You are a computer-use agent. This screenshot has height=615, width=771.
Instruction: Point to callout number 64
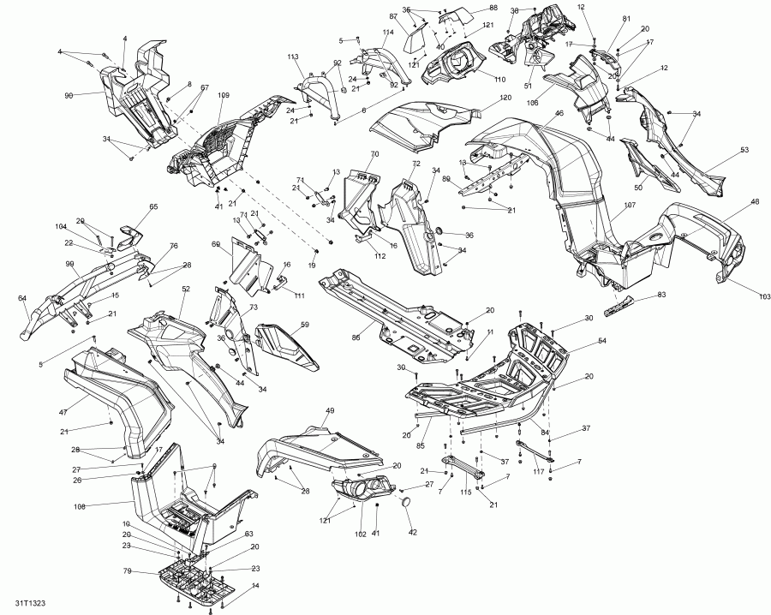[22, 298]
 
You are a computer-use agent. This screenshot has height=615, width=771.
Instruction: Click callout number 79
[126, 572]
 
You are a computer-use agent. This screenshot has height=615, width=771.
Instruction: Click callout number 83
[660, 294]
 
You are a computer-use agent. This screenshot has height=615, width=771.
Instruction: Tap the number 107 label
[630, 205]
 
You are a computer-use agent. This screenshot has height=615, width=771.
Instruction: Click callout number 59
[304, 325]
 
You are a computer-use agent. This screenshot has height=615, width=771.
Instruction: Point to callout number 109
[224, 95]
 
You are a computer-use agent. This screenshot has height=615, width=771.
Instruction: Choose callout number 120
[505, 99]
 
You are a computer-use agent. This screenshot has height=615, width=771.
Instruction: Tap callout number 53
[744, 150]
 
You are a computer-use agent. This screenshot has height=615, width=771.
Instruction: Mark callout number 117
[538, 472]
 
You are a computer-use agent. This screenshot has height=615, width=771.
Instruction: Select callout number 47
[63, 412]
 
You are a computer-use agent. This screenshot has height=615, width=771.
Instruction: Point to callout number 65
[154, 206]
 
